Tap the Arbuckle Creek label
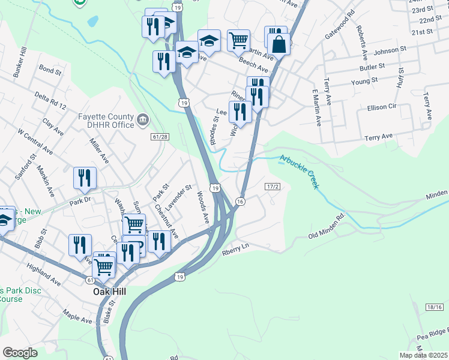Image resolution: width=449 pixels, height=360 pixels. point(298,171)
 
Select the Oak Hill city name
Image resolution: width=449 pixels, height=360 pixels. point(109,292)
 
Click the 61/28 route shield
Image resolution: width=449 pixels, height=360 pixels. point(160,137)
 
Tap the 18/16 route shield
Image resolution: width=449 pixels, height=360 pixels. point(435,307)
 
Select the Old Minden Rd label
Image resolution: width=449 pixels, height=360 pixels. point(327,224)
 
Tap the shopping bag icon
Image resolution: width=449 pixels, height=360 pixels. point(279,43)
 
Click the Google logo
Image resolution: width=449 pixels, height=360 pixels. point(20,352)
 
